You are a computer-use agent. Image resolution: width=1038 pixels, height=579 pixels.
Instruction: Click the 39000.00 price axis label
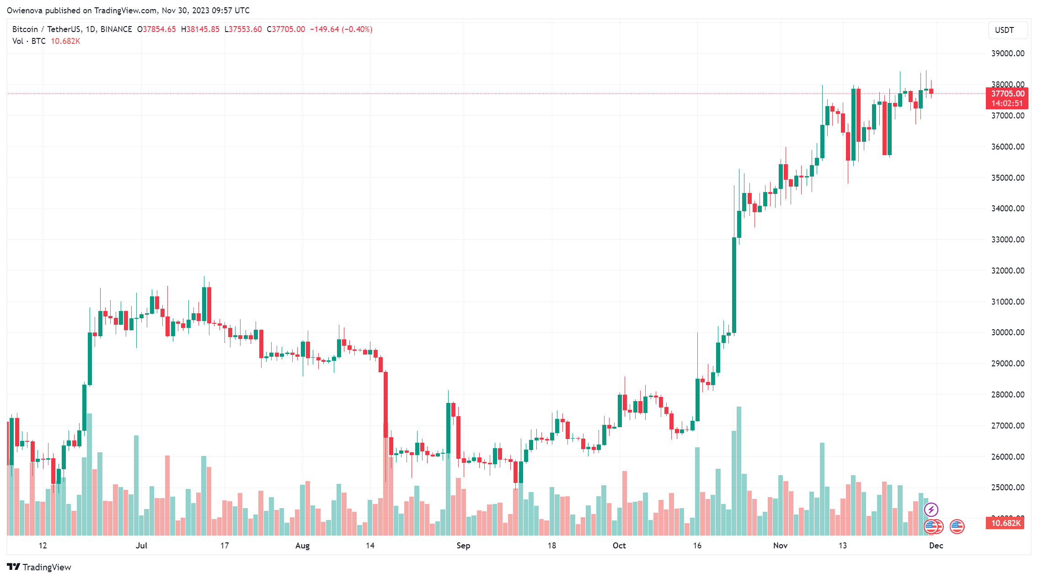pyautogui.click(x=1007, y=54)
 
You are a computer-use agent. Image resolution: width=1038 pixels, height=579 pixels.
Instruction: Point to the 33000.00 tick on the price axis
pyautogui.click(x=1007, y=240)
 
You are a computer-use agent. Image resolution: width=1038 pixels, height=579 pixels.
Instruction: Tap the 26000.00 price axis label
pyautogui.click(x=1007, y=456)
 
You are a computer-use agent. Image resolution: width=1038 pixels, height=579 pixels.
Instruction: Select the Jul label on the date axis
pyautogui.click(x=141, y=545)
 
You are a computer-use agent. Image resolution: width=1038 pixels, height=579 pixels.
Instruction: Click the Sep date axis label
pyautogui.click(x=463, y=545)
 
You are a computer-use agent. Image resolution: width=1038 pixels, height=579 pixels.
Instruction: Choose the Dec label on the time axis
pyautogui.click(x=936, y=545)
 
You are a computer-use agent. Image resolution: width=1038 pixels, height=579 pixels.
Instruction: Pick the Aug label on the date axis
pyautogui.click(x=302, y=545)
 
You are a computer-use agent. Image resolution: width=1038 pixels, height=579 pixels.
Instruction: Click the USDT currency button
pyautogui.click(x=1005, y=30)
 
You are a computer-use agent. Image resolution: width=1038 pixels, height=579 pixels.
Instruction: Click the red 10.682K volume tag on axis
pyautogui.click(x=1006, y=523)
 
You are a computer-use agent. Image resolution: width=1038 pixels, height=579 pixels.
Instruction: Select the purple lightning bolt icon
pyautogui.click(x=931, y=509)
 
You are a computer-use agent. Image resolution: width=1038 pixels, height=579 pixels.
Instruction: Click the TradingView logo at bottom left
pyautogui.click(x=39, y=567)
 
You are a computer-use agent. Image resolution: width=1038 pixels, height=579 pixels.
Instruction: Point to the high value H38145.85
pyautogui.click(x=200, y=29)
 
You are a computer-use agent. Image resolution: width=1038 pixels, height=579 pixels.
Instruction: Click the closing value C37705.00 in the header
pyautogui.click(x=286, y=29)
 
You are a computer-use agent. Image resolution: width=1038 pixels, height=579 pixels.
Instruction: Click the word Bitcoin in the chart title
pyautogui.click(x=25, y=29)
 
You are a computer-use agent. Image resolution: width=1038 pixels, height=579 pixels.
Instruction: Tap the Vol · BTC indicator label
pyautogui.click(x=29, y=41)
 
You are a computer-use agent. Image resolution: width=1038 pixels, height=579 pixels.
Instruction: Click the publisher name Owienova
pyautogui.click(x=24, y=10)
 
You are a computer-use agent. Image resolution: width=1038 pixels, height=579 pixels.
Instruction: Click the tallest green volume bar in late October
pyautogui.click(x=739, y=471)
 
